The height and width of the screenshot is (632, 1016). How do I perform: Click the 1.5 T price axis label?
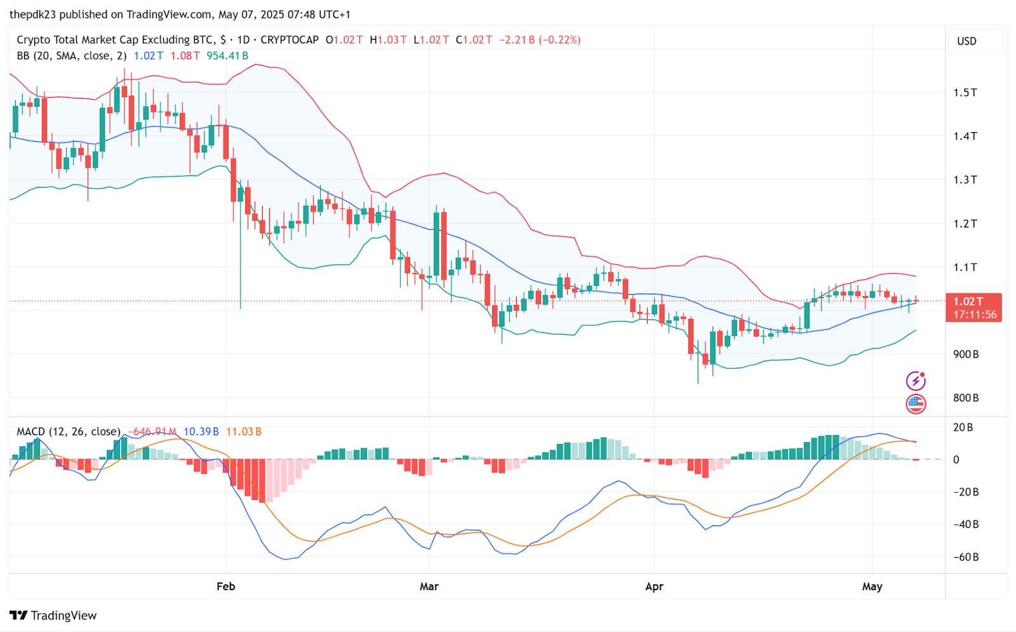pyautogui.click(x=965, y=93)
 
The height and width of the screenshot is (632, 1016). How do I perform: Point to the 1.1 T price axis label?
pyautogui.click(x=965, y=267)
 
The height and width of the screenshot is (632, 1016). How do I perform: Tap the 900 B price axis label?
pyautogui.click(x=965, y=354)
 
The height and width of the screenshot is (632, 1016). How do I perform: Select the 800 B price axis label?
pyautogui.click(x=965, y=398)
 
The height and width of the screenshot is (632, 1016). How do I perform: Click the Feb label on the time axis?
pyautogui.click(x=225, y=586)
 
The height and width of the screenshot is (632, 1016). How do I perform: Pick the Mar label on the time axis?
pyautogui.click(x=429, y=586)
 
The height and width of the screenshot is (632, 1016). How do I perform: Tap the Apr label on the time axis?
pyautogui.click(x=654, y=586)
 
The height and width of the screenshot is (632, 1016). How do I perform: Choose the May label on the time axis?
pyautogui.click(x=872, y=586)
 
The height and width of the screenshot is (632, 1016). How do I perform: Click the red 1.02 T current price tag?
pyautogui.click(x=973, y=307)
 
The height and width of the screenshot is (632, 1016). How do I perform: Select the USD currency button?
pyautogui.click(x=966, y=41)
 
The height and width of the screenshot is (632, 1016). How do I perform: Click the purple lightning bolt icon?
pyautogui.click(x=916, y=380)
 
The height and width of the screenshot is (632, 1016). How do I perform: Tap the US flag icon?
pyautogui.click(x=916, y=403)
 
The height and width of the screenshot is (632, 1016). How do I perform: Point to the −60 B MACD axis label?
pyautogui.click(x=966, y=557)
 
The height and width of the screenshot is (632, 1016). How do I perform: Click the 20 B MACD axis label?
pyautogui.click(x=963, y=427)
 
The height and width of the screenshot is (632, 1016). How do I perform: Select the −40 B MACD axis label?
pyautogui.click(x=966, y=525)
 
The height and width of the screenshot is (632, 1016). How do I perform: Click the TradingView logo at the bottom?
pyautogui.click(x=53, y=615)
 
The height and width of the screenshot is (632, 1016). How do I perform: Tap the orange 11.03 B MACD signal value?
pyautogui.click(x=243, y=432)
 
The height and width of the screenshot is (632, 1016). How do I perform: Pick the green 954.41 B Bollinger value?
pyautogui.click(x=227, y=56)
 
